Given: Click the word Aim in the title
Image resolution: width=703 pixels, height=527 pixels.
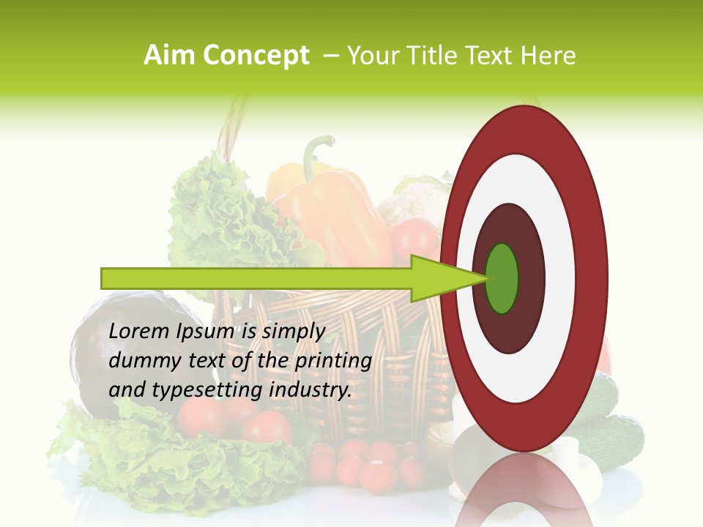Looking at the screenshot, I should point(168,56).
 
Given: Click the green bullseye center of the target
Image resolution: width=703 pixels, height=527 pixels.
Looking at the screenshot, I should point(502,278).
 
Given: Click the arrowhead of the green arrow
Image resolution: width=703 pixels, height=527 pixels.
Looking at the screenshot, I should point(439,278).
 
